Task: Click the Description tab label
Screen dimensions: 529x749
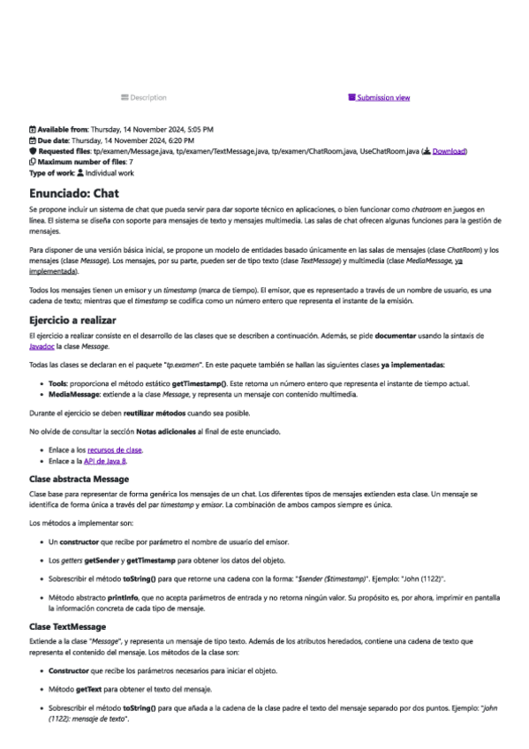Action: tap(147, 97)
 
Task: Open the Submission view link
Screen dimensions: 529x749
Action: tap(383, 97)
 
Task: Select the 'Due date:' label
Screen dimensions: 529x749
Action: tap(51, 140)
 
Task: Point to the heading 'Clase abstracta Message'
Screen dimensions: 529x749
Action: tap(79, 478)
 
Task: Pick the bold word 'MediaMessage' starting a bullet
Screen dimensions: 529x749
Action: tap(72, 395)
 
